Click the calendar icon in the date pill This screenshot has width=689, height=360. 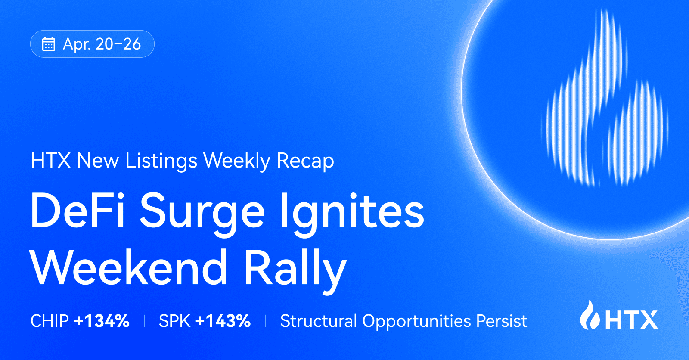pyautogui.click(x=48, y=44)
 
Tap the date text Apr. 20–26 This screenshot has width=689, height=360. pyautogui.click(x=102, y=44)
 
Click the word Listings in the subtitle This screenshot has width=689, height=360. pyautogui.click(x=161, y=161)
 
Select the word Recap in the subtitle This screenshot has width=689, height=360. pyautogui.click(x=305, y=161)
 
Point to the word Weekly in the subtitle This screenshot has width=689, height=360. pyautogui.click(x=237, y=161)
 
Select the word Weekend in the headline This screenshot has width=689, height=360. pyautogui.click(x=129, y=268)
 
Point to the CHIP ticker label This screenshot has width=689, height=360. pyautogui.click(x=50, y=321)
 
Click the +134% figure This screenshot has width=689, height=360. pyautogui.click(x=102, y=321)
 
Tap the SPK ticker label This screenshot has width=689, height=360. pyautogui.click(x=174, y=321)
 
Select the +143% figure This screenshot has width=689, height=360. pyautogui.click(x=223, y=321)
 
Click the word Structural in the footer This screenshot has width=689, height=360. pyautogui.click(x=319, y=321)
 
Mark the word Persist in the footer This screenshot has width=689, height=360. pyautogui.click(x=502, y=321)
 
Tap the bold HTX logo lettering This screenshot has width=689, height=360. pyautogui.click(x=632, y=320)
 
